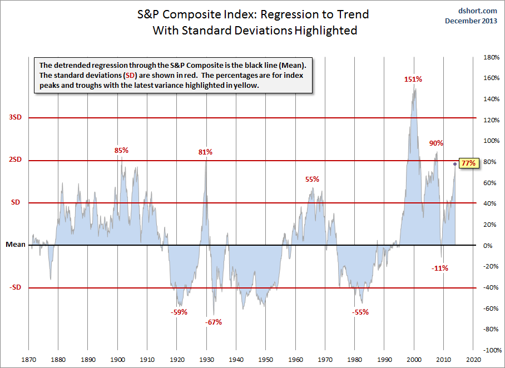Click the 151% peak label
click(413, 79)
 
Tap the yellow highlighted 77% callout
click(468, 163)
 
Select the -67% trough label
click(212, 322)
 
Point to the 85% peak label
click(121, 150)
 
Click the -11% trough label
click(439, 268)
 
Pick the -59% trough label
click(179, 312)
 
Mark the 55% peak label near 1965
click(312, 179)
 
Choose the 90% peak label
click(436, 143)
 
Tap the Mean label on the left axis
click(15, 245)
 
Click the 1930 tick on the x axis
click(206, 359)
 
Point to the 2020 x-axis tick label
click(473, 359)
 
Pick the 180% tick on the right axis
click(489, 57)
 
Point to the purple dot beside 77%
click(455, 164)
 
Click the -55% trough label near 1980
click(360, 312)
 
